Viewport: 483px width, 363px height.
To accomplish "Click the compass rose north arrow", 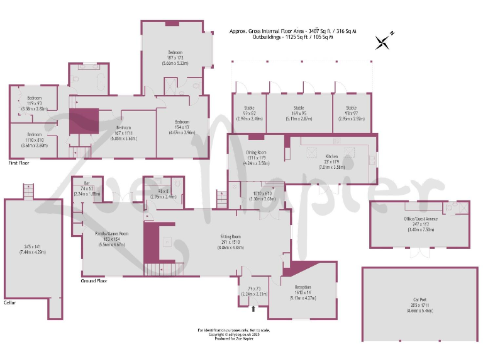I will tap(383, 41).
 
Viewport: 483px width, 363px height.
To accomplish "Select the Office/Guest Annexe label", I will tap(421, 218).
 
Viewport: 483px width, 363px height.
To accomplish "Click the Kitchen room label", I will tap(332, 156).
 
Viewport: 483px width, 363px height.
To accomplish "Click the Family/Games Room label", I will tap(111, 234).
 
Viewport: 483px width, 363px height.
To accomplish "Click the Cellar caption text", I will tap(9, 302).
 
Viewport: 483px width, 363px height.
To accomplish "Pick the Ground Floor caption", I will tap(94, 280).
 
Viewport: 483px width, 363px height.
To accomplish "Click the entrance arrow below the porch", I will tap(253, 309).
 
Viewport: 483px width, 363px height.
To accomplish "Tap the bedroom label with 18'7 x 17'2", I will tap(175, 52).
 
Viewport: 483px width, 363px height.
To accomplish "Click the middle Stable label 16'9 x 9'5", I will tap(299, 108).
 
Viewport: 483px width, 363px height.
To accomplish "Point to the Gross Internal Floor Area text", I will tap(293, 30).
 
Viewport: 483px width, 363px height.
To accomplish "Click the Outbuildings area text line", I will tap(292, 37).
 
